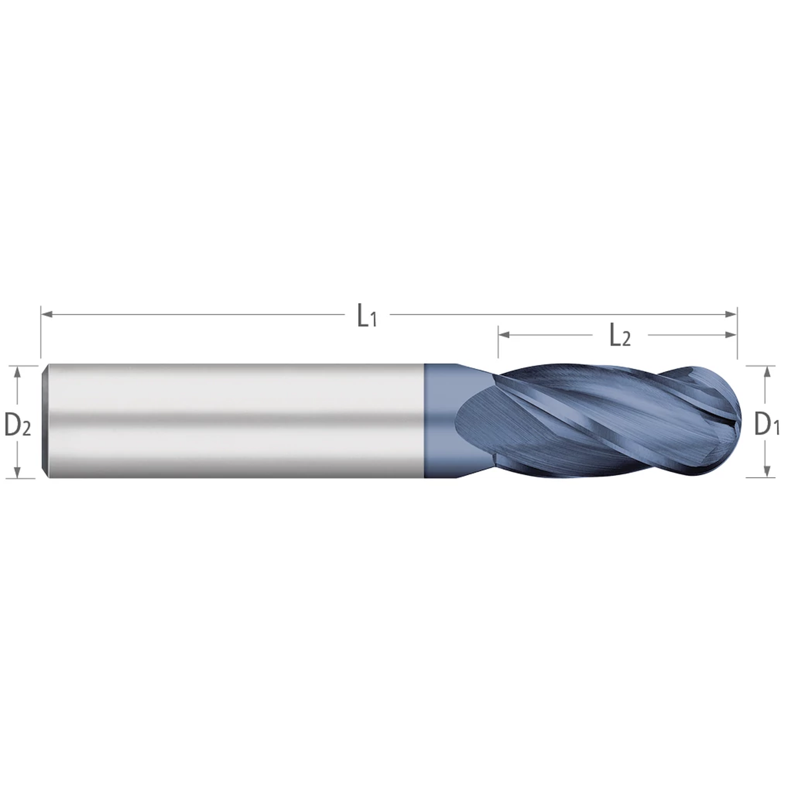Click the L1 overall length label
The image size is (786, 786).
point(366,316)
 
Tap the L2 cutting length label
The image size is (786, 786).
point(619,336)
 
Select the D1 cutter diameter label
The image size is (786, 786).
point(767,424)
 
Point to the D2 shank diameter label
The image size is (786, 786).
point(17,424)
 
